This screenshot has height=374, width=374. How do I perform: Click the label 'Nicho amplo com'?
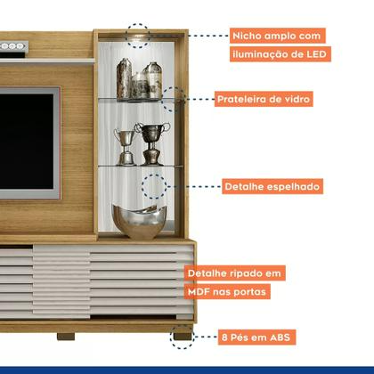tap(277, 36)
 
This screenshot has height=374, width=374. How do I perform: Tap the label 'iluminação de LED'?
tap(280, 54)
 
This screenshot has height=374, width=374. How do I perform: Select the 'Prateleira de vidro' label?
tap(264, 99)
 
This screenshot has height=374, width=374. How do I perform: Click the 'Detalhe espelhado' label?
tap(272, 187)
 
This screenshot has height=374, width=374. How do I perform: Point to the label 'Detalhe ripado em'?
tap(234, 273)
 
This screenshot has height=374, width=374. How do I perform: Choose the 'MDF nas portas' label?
tap(227, 292)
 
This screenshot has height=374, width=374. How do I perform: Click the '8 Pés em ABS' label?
tap(256, 337)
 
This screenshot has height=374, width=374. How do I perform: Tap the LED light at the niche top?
tap(138, 37)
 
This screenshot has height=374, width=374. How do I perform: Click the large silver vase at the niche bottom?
tap(140, 221)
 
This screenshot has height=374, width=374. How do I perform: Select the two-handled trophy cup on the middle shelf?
tap(152, 143)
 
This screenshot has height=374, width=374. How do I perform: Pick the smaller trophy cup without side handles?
tap(125, 147)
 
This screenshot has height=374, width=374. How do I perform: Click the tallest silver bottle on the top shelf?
tap(124, 78)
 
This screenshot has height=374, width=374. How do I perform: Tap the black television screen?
tap(26, 142)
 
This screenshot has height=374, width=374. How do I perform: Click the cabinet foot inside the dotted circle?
tap(183, 337)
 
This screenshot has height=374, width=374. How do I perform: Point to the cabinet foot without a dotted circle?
tap(66, 337)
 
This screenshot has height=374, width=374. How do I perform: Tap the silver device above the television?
tap(13, 47)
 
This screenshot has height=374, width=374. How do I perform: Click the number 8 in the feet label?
tap(224, 337)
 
